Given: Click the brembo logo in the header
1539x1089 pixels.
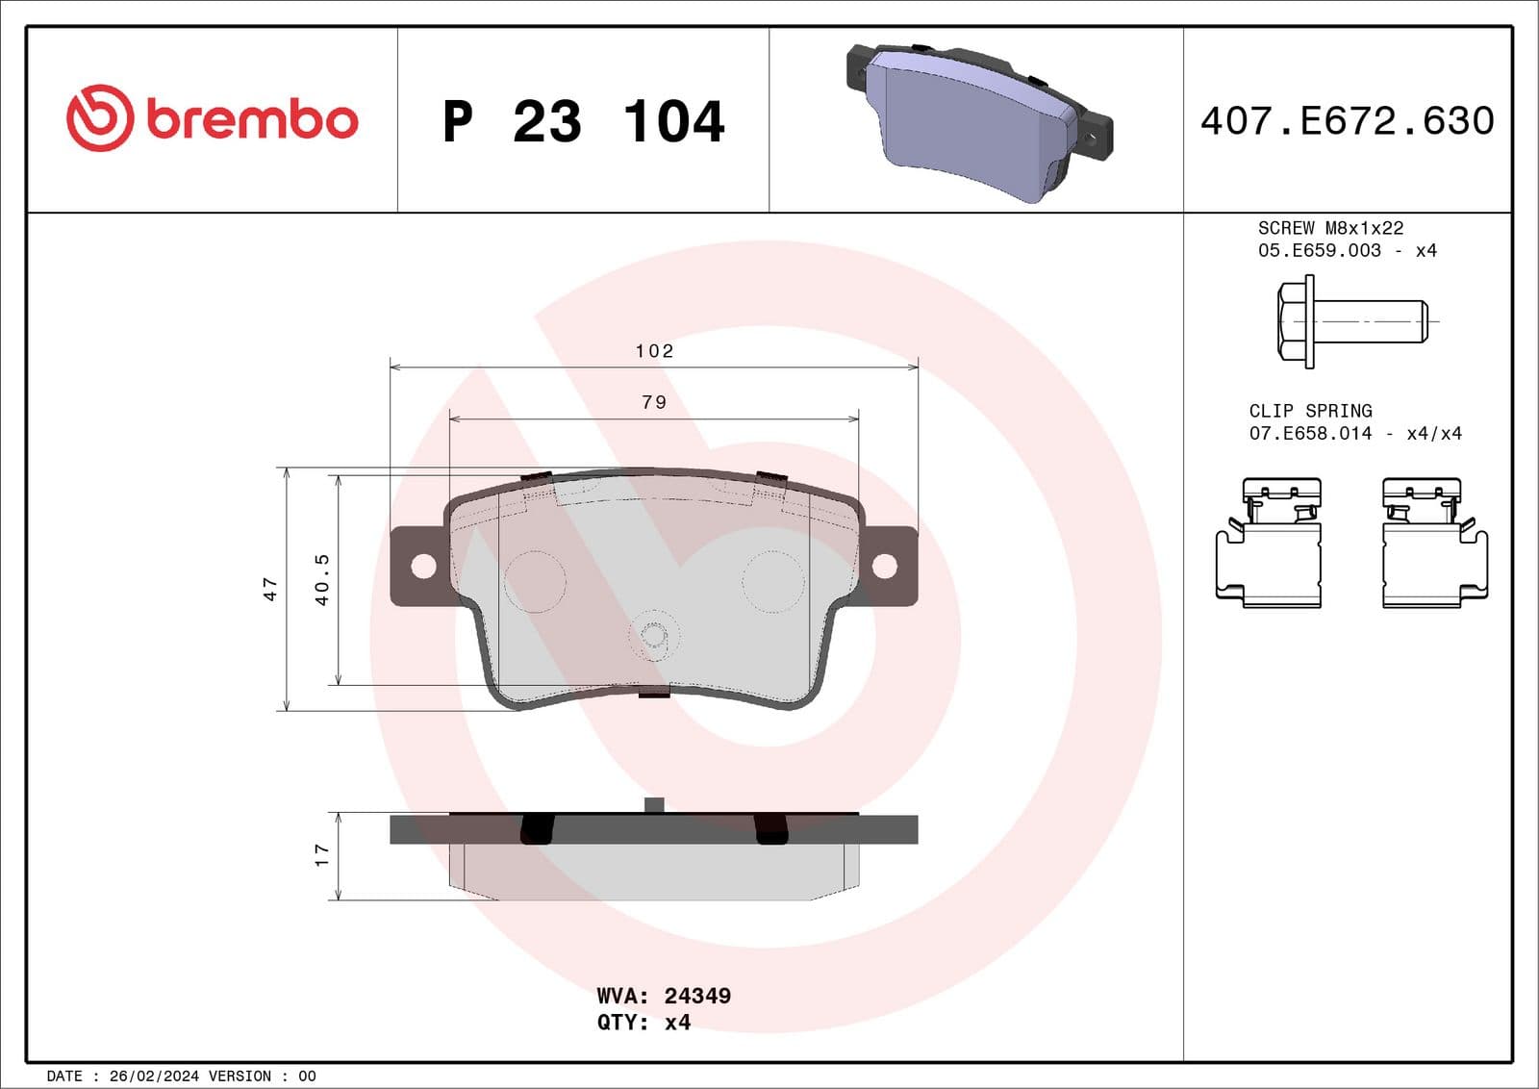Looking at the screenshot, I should click(212, 118).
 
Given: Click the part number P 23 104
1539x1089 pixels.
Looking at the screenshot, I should click(583, 121).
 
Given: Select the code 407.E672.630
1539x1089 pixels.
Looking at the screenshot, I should click(1347, 121).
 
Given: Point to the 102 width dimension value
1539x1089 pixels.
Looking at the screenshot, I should click(654, 351).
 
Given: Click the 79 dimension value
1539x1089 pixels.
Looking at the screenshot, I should click(654, 402).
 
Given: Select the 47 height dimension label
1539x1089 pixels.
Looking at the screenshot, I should click(270, 589).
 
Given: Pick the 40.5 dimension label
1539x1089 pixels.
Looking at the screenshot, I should click(322, 579).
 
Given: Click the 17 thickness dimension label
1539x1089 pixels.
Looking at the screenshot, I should click(322, 854).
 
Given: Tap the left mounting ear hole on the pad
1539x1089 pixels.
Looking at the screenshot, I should click(423, 566).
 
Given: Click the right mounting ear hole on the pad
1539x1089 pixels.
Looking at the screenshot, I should click(884, 566).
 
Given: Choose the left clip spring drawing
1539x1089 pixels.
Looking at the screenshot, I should click(1269, 544).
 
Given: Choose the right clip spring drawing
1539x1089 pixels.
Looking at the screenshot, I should click(1434, 544).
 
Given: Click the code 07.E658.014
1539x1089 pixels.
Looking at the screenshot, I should click(1310, 433).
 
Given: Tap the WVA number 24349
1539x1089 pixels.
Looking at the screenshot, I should click(697, 996).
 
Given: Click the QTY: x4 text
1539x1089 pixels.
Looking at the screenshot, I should click(643, 1023).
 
